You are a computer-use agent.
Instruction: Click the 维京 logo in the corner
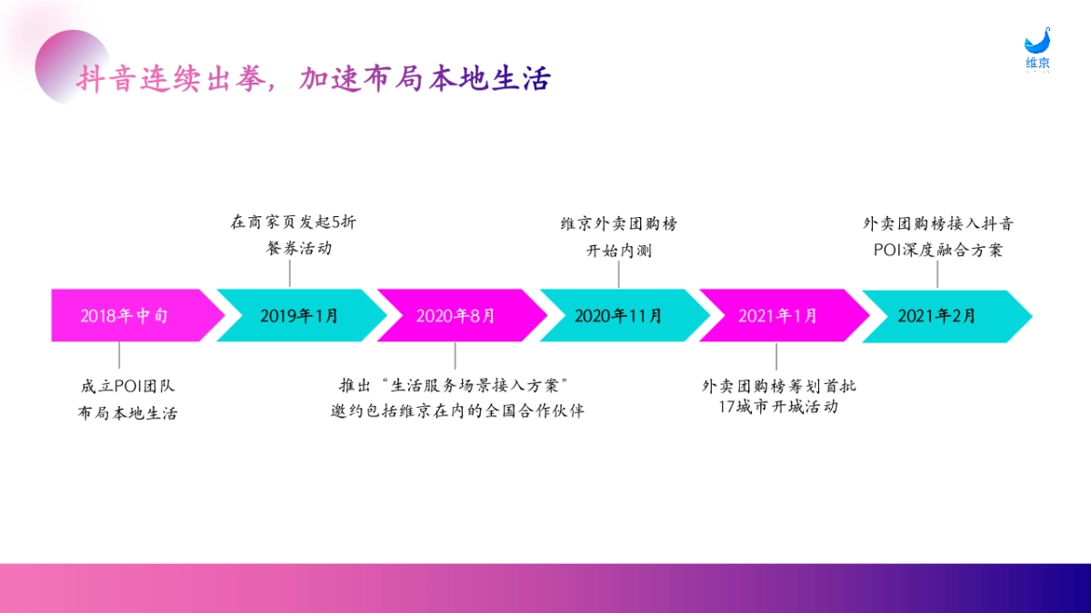tap(1037, 50)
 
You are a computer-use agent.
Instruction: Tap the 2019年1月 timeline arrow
tap(299, 316)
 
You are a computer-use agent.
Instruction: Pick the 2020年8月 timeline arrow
tap(456, 316)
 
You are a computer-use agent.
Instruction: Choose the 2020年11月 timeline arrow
tap(618, 316)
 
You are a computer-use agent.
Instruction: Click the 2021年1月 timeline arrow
tap(777, 316)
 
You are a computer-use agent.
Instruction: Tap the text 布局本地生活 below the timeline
tap(127, 413)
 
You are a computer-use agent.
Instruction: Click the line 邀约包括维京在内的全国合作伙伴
tap(457, 411)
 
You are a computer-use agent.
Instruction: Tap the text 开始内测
tap(618, 250)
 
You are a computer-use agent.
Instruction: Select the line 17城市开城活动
tap(777, 407)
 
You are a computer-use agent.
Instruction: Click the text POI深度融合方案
tap(937, 250)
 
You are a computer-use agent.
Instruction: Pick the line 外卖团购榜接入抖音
tap(937, 222)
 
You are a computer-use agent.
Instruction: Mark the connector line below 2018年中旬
tap(119, 355)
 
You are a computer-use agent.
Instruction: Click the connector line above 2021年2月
tap(937, 276)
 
